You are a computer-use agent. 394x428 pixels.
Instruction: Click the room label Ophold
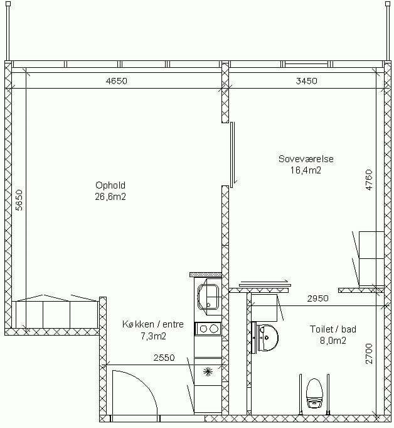pos(110,185)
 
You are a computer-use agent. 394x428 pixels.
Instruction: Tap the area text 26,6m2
pos(110,197)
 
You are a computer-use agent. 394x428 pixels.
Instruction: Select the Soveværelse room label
pos(306,159)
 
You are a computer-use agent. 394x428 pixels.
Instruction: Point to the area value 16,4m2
pos(306,170)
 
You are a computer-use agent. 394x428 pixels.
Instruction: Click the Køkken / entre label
pos(153,324)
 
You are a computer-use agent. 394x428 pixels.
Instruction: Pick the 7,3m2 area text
pos(153,336)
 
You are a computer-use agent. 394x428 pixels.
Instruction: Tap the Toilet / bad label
pos(333,329)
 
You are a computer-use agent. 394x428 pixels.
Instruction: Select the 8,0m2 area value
pos(333,341)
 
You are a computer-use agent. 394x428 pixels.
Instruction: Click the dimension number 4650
pos(116,81)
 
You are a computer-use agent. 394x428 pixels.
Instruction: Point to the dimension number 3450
pos(306,81)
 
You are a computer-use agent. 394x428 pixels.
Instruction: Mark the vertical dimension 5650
pos(19,200)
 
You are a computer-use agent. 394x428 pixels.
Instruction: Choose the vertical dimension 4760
pos(369,180)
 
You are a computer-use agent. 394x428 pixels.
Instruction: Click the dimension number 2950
pos(317,299)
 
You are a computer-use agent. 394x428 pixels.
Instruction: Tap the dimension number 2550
pos(164,358)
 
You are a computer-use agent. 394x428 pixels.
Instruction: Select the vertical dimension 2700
pos(369,353)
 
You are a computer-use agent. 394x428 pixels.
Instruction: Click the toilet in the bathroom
pos(314,393)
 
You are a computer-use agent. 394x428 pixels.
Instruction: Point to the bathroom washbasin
pos(267,338)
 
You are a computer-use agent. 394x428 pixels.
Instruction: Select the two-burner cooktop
pos(208,329)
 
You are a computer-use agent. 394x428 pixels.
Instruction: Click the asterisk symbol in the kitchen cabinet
pos(208,371)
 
